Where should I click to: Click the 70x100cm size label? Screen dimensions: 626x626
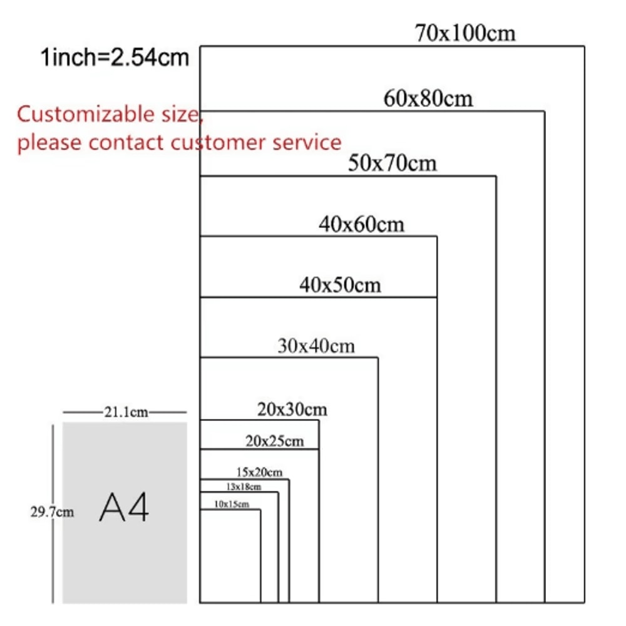[x=465, y=33]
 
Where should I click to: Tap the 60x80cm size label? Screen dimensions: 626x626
[x=428, y=98]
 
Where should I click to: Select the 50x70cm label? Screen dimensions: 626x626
[x=393, y=163]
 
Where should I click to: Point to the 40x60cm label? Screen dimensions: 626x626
[x=361, y=223]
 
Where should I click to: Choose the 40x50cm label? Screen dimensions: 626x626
[x=340, y=285]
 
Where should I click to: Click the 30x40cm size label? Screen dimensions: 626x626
[x=316, y=346]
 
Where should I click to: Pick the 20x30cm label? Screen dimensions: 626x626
[x=292, y=409]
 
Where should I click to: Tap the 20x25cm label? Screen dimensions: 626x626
[x=274, y=441]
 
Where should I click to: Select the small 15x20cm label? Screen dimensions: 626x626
[x=259, y=471]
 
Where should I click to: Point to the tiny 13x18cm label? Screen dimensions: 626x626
[x=244, y=486]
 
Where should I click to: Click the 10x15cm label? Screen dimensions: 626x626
[x=232, y=504]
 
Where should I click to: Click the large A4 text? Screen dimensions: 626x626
[x=124, y=508]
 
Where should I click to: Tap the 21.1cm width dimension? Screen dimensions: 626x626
[x=125, y=412]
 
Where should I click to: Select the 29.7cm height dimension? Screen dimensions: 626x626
[x=52, y=512]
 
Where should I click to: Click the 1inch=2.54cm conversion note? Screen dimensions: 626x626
[x=115, y=58]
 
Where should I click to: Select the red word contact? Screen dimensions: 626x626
[x=127, y=143]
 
